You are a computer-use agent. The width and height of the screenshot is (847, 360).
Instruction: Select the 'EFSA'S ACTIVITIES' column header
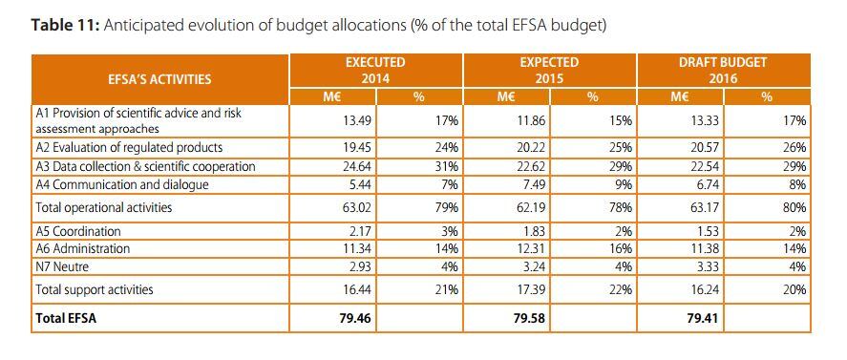(x=159, y=78)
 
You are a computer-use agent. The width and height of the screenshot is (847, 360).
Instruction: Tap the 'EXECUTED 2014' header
(x=374, y=70)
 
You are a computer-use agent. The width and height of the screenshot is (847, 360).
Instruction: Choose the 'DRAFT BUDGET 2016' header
(x=723, y=70)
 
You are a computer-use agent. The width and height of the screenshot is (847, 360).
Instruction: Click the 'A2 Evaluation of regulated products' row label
(x=129, y=147)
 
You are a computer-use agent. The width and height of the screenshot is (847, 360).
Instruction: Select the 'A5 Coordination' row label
(x=81, y=231)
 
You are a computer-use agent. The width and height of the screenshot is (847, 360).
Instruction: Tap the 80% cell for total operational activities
(x=794, y=206)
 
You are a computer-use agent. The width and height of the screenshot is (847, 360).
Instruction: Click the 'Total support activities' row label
(x=93, y=288)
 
